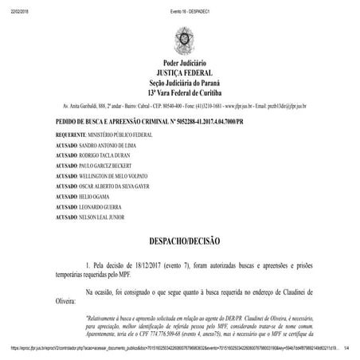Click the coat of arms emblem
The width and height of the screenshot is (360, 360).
[180, 39]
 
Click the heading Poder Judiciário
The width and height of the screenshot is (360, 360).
[180, 63]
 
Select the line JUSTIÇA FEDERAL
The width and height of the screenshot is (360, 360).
[180, 72]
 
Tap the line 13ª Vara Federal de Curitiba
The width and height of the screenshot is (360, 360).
[180, 92]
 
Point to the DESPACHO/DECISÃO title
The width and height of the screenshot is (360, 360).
[180, 239]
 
